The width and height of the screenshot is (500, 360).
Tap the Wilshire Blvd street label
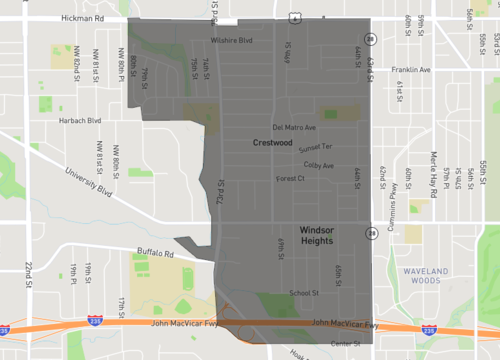pyautogui.click(x=231, y=41)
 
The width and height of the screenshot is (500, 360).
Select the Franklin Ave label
pyautogui.click(x=411, y=70)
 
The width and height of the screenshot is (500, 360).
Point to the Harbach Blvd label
pyautogui.click(x=81, y=121)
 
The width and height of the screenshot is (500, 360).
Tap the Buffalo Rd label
pyautogui.click(x=155, y=254)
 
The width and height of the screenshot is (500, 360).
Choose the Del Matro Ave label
pyautogui.click(x=294, y=128)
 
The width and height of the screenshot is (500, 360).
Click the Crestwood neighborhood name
pyautogui.click(x=272, y=143)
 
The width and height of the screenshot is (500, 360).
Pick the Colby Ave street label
pyautogui.click(x=319, y=165)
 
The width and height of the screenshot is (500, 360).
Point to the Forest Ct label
pyautogui.click(x=289, y=179)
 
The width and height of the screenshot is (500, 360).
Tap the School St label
pyautogui.click(x=303, y=293)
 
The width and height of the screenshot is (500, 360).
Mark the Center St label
pyautogui.click(x=344, y=344)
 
